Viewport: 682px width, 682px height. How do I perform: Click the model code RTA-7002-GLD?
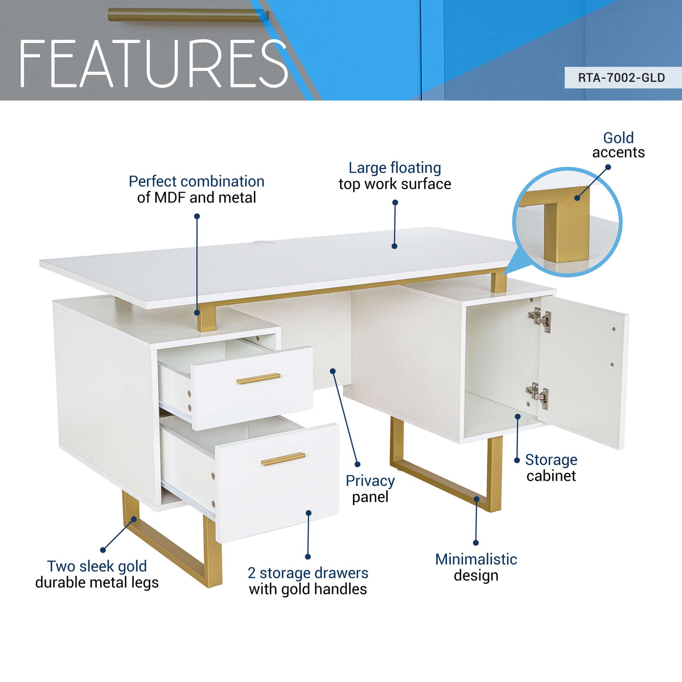click(621, 78)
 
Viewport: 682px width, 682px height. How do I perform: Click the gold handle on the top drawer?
click(258, 379)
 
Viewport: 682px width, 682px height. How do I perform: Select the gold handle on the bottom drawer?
click(283, 459)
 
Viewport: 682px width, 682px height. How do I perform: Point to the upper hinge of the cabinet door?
click(540, 319)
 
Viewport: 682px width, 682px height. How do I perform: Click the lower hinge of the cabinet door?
click(538, 395)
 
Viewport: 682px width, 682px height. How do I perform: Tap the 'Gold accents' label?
click(618, 145)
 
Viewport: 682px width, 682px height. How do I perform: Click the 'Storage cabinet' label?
click(551, 468)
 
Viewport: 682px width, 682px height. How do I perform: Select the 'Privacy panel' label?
click(370, 488)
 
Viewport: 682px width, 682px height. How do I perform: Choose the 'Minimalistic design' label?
click(476, 567)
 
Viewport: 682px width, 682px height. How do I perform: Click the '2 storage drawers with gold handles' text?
click(308, 581)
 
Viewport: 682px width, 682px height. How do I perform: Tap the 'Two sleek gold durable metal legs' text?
click(97, 574)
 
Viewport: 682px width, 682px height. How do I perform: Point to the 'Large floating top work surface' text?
click(395, 176)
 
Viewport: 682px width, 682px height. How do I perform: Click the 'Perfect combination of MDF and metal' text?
click(196, 189)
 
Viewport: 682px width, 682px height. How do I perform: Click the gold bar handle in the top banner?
click(187, 15)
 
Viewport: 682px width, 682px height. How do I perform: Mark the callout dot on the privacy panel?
click(333, 371)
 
